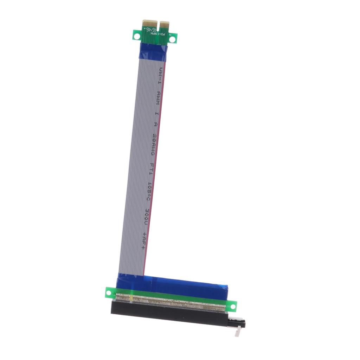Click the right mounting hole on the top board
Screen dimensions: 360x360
point(172,39)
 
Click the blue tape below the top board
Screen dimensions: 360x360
point(154,51)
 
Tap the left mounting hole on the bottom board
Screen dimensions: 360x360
point(110,291)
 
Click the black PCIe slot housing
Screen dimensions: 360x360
point(169,314)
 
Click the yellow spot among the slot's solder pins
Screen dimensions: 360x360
point(131,298)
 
